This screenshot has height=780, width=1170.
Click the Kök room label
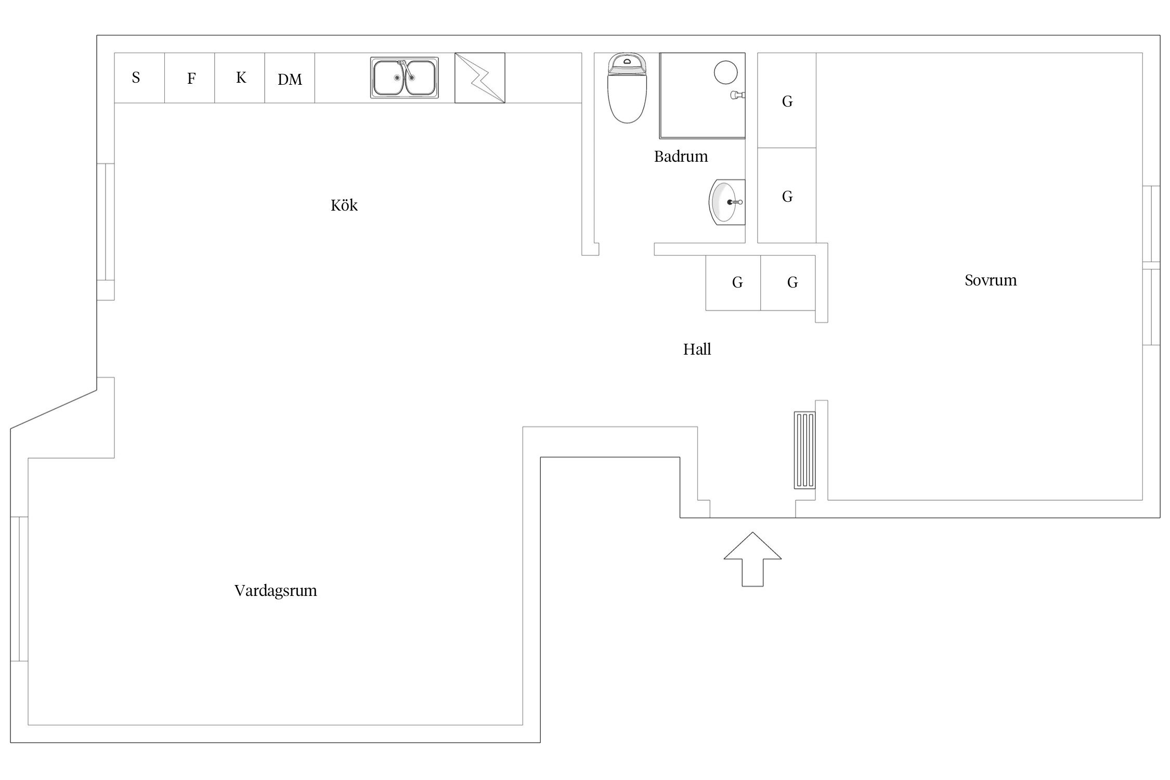(x=344, y=205)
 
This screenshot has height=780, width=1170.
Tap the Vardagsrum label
(x=275, y=591)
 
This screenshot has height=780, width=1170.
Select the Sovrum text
(x=990, y=280)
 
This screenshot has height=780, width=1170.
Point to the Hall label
(x=697, y=349)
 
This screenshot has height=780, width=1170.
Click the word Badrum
(x=681, y=157)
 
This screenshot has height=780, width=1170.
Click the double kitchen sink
(x=405, y=78)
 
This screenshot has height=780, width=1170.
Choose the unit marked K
(x=240, y=78)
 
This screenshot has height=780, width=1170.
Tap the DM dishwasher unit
(x=290, y=79)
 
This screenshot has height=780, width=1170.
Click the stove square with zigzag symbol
(x=479, y=78)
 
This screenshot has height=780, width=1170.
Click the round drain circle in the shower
(x=725, y=72)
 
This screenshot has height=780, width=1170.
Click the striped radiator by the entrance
(x=804, y=450)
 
